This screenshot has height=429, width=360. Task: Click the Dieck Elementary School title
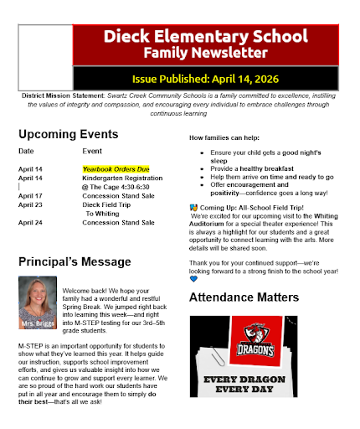pos(205,37)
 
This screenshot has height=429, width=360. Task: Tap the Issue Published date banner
pos(205,79)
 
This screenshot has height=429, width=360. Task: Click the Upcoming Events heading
pos(69,134)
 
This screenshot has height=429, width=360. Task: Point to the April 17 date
pos(30,195)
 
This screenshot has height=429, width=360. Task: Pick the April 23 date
pos(30,204)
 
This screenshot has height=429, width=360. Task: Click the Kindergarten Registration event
pos(122,178)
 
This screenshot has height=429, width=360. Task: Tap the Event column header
pos(92,151)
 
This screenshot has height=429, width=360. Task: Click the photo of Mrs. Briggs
pos(37,302)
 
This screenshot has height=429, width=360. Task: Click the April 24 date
pos(30,222)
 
